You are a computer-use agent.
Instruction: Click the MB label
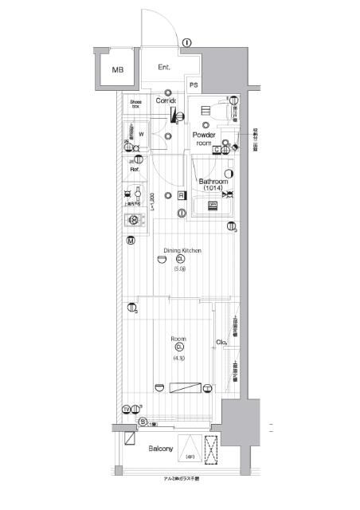[x=118, y=70]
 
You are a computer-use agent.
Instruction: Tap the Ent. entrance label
[x=165, y=67]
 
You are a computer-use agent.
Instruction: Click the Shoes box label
[x=136, y=104]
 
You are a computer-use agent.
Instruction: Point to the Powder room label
[x=205, y=139]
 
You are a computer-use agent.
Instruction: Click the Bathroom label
[x=214, y=180]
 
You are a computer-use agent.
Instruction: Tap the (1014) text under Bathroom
[x=213, y=188]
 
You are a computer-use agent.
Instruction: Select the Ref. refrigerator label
[x=135, y=169]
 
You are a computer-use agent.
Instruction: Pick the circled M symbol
[x=130, y=241]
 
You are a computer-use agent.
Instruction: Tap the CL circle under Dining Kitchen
[x=181, y=259]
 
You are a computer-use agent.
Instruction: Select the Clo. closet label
[x=221, y=343]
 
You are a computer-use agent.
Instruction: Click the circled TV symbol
[x=127, y=410]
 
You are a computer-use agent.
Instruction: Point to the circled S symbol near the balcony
[x=142, y=422]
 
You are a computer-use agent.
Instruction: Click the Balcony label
[x=161, y=449]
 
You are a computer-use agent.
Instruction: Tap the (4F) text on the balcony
[x=190, y=457]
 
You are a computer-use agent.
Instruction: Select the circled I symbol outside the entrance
[x=185, y=43]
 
